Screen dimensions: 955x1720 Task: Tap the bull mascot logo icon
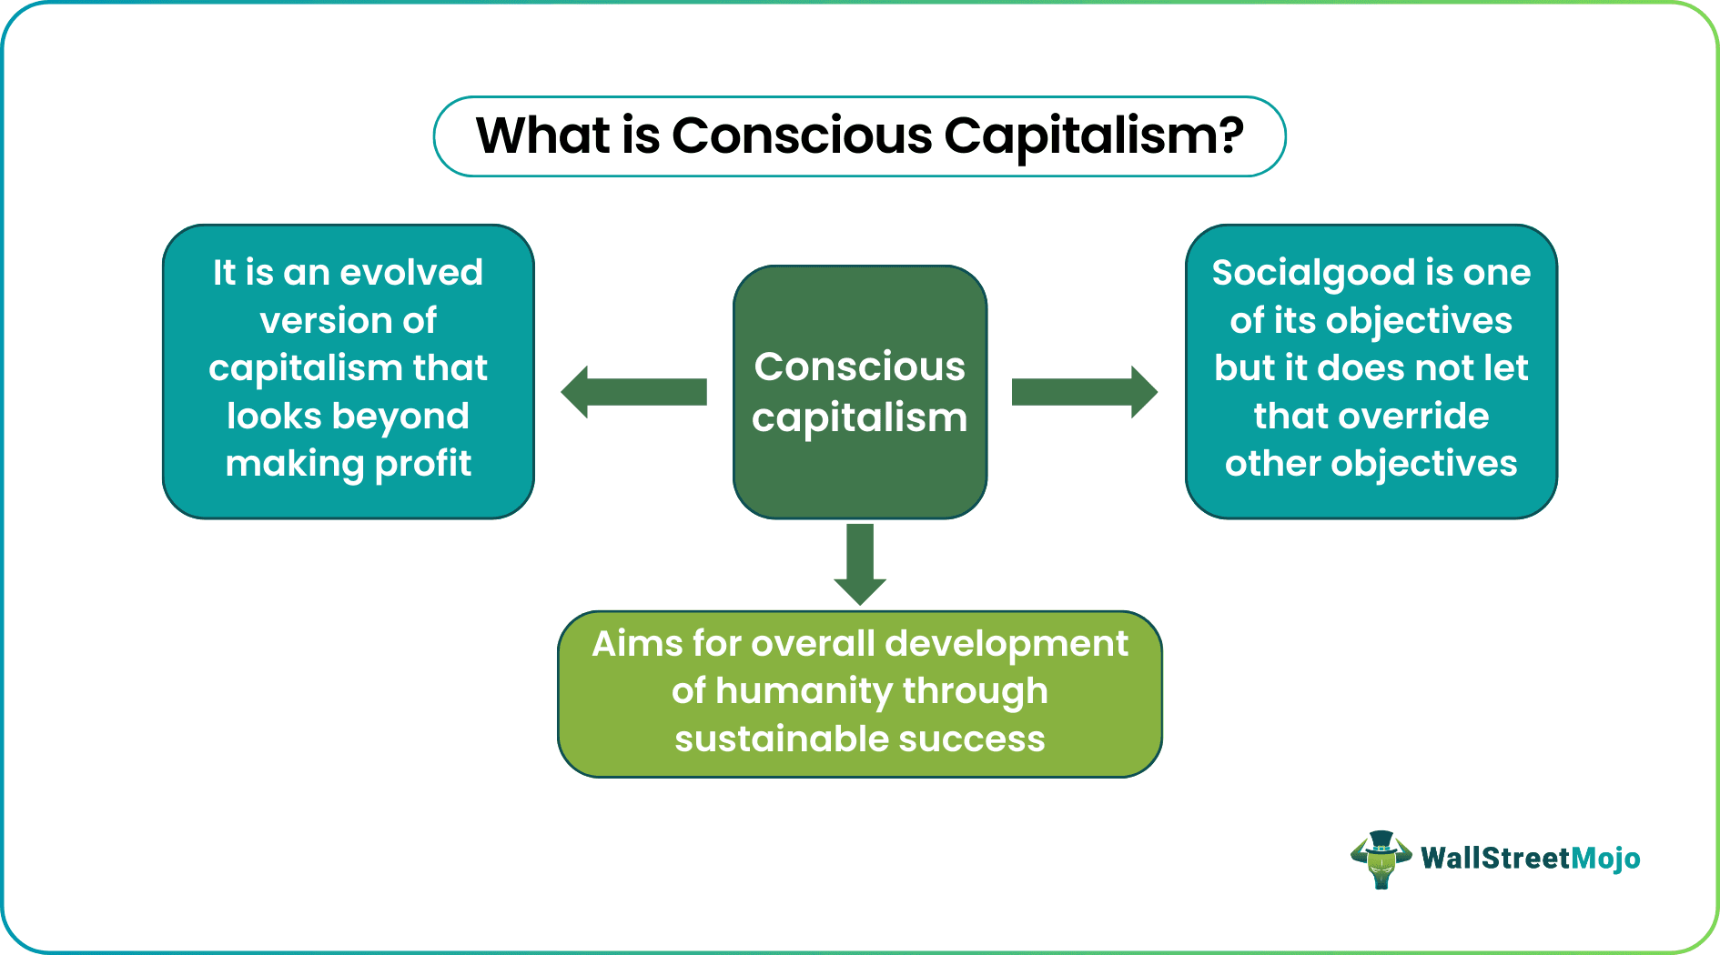pyautogui.click(x=1381, y=859)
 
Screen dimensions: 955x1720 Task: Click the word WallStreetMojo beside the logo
pyautogui.click(x=1530, y=859)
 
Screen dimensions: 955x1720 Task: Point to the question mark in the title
pyautogui.click(x=1231, y=136)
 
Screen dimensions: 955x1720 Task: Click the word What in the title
pyautogui.click(x=542, y=136)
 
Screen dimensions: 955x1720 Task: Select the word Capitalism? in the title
pyautogui.click(x=1093, y=136)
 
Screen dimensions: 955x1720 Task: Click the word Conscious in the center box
pyautogui.click(x=859, y=367)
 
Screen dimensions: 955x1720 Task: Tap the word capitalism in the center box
pyautogui.click(x=859, y=417)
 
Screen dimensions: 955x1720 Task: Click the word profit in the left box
pyautogui.click(x=423, y=464)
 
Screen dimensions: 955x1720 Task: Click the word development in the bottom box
pyautogui.click(x=1007, y=644)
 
